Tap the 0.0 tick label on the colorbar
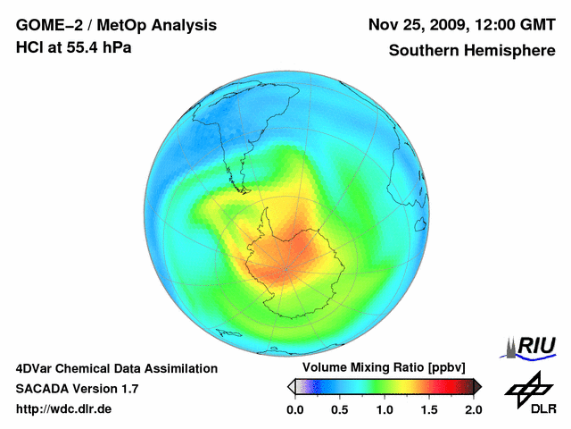point(294,409)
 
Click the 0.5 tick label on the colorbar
point(339,409)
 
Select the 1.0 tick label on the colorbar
point(384,409)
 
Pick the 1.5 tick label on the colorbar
point(428,409)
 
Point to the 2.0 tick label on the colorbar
point(473,409)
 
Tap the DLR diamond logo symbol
point(526,387)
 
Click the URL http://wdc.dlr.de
point(64,408)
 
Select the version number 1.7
point(128,389)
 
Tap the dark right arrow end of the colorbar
point(477,386)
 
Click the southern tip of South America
point(243,189)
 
